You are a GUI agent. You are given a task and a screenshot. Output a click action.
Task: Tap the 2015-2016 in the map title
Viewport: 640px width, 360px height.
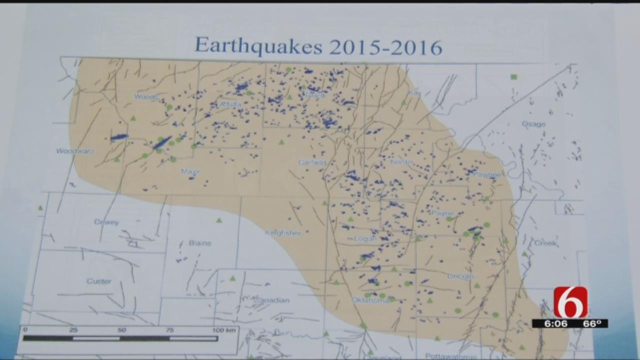(385, 47)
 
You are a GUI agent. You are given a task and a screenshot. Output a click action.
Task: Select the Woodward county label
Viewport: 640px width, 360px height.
(75, 151)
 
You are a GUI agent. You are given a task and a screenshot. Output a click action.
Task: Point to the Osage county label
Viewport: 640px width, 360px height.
(533, 124)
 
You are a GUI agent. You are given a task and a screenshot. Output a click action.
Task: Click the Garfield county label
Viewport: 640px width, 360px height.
(312, 162)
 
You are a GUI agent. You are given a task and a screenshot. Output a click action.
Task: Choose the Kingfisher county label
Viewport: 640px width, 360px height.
(283, 233)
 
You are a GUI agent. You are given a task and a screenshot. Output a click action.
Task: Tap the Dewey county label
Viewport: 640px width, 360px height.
(106, 222)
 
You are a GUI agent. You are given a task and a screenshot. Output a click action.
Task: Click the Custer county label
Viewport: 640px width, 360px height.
(98, 281)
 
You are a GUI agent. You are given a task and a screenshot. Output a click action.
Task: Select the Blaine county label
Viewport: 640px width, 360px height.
(200, 243)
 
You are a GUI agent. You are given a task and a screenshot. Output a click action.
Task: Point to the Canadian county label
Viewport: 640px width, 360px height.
(272, 300)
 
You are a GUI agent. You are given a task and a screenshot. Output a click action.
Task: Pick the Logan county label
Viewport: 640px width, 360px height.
(365, 238)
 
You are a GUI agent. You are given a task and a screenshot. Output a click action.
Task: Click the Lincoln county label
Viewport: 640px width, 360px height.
(460, 276)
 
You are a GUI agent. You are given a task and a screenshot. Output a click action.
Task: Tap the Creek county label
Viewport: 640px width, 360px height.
(546, 243)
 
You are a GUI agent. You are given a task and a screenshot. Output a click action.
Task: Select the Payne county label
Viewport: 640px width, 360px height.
(442, 213)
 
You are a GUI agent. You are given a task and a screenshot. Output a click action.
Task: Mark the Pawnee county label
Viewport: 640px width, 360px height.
(487, 174)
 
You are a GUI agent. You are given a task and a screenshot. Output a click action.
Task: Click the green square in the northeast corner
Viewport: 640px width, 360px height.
(513, 77)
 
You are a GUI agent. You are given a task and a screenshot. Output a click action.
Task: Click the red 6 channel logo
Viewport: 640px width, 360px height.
(570, 301)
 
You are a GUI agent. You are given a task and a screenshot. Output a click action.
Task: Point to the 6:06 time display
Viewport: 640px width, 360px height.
(556, 323)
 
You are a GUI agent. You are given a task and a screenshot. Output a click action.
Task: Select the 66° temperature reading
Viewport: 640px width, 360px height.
(591, 323)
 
